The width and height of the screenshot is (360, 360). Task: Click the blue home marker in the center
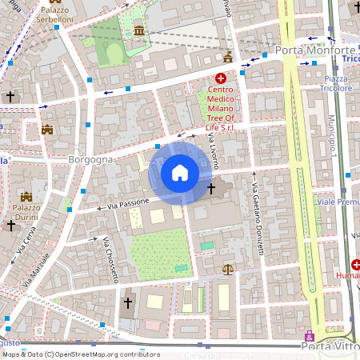[x=179, y=173]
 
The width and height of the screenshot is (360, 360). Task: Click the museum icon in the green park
[x=141, y=30]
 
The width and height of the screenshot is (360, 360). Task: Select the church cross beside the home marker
[x=211, y=190]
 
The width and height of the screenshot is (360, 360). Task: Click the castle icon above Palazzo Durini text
[x=26, y=196]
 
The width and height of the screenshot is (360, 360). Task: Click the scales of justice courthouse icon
[x=228, y=270]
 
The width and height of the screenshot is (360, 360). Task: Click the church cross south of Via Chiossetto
[x=127, y=303]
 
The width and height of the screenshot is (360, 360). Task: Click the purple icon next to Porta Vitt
[x=310, y=337]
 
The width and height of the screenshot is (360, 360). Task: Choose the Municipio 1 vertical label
[x=330, y=136]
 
